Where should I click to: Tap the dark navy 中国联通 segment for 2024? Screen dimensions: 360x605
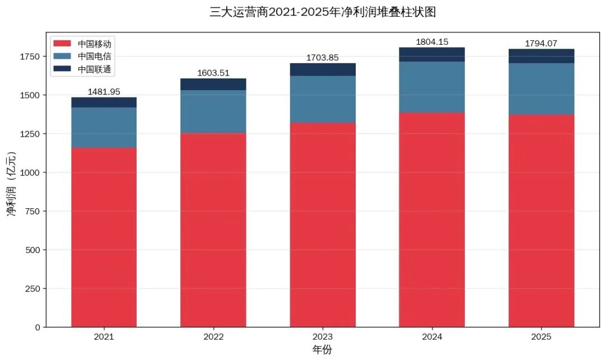click(x=432, y=54)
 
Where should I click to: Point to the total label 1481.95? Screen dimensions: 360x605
click(x=104, y=92)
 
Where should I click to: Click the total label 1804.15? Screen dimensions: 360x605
click(x=432, y=42)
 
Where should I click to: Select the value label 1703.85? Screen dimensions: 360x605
click(x=323, y=58)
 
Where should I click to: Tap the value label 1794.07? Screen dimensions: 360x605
click(x=541, y=44)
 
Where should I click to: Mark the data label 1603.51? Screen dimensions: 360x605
click(x=213, y=73)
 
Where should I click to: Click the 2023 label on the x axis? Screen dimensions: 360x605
click(x=323, y=337)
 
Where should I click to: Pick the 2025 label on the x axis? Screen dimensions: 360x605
click(x=541, y=337)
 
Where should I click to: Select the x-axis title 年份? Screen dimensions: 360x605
click(x=322, y=350)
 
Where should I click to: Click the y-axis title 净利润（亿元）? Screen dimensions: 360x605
click(x=12, y=185)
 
